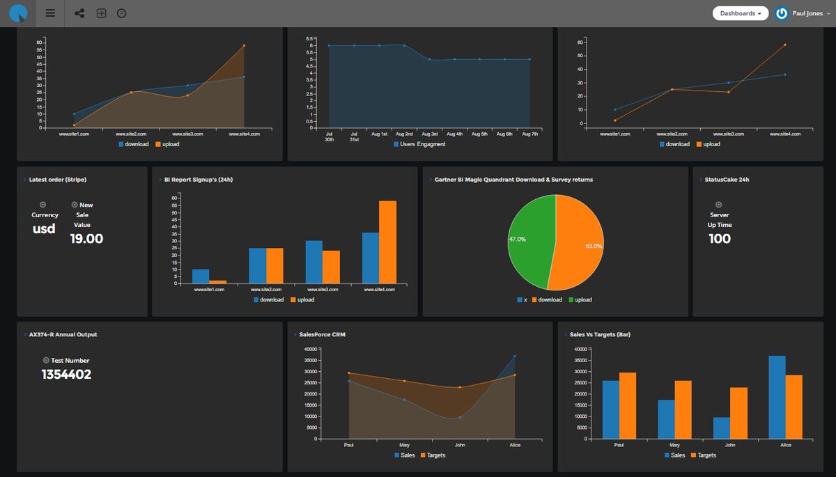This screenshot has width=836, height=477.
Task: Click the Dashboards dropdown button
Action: click(740, 13)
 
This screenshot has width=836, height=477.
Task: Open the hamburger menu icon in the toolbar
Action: click(49, 13)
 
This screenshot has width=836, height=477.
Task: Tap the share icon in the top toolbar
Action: click(79, 13)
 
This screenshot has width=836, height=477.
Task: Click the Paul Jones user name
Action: click(807, 13)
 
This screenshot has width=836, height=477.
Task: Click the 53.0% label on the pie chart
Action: click(594, 246)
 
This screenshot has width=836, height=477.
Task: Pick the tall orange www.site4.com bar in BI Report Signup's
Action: click(387, 242)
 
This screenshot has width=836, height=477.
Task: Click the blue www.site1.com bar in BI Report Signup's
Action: click(201, 276)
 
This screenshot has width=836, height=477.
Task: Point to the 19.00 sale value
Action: click(86, 239)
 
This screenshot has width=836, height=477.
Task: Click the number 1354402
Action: click(66, 375)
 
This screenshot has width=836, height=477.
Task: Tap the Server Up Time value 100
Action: click(720, 239)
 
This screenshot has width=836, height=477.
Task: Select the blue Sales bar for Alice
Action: click(777, 398)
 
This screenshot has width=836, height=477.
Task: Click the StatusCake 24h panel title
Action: click(724, 180)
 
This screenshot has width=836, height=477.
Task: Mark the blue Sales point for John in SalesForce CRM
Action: click(460, 418)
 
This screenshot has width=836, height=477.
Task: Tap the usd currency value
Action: click(44, 228)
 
